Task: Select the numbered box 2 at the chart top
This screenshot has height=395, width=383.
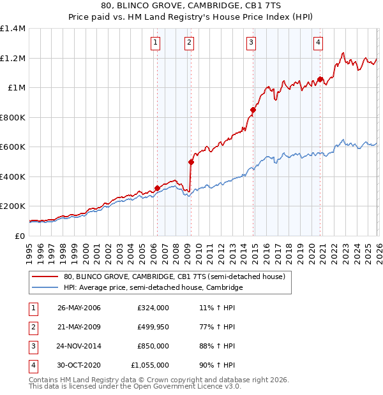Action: pyautogui.click(x=190, y=43)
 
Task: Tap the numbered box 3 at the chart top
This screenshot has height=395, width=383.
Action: pyautogui.click(x=252, y=43)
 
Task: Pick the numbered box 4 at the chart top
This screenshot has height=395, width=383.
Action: pyautogui.click(x=318, y=43)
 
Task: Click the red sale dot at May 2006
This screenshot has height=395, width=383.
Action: pyautogui.click(x=157, y=188)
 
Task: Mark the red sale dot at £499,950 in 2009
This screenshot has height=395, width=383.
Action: pyautogui.click(x=190, y=162)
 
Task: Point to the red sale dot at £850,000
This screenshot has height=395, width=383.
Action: pyautogui.click(x=253, y=110)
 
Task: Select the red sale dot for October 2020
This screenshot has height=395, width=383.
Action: pyautogui.click(x=320, y=80)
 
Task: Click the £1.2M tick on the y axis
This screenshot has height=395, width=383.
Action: pyautogui.click(x=13, y=58)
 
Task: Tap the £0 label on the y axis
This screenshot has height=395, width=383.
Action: pyautogui.click(x=19, y=236)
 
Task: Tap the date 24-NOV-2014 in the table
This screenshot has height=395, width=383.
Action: pyautogui.click(x=79, y=346)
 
